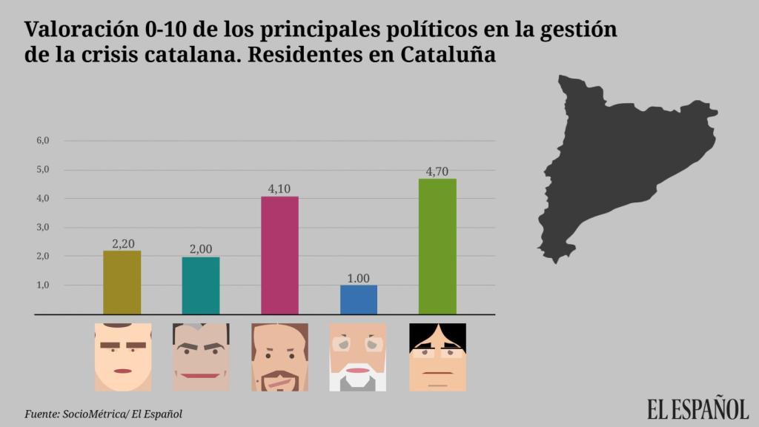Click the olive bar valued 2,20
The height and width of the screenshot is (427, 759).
pos(122,282)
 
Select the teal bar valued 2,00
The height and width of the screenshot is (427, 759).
pos(201,285)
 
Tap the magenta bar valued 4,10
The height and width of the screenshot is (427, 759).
pos(279,255)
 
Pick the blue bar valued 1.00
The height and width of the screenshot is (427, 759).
pos(358,299)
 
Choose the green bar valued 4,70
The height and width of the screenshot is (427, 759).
pos(437,246)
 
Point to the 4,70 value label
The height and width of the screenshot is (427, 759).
pos(437,172)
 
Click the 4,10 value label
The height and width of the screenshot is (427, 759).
pos(279,189)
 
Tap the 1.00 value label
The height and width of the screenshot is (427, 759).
pos(358,278)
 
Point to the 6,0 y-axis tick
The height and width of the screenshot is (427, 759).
pos(42,141)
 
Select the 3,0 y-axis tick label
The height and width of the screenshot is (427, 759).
pos(42,228)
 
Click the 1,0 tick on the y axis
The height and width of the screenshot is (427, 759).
pos(42,285)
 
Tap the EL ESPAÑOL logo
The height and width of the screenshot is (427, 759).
pos(697,408)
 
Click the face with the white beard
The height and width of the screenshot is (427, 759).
pos(358,357)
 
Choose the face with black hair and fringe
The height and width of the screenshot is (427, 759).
pos(437,357)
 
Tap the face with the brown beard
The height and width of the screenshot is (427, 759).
pos(279,357)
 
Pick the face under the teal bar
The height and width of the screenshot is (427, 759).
pos(201,357)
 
